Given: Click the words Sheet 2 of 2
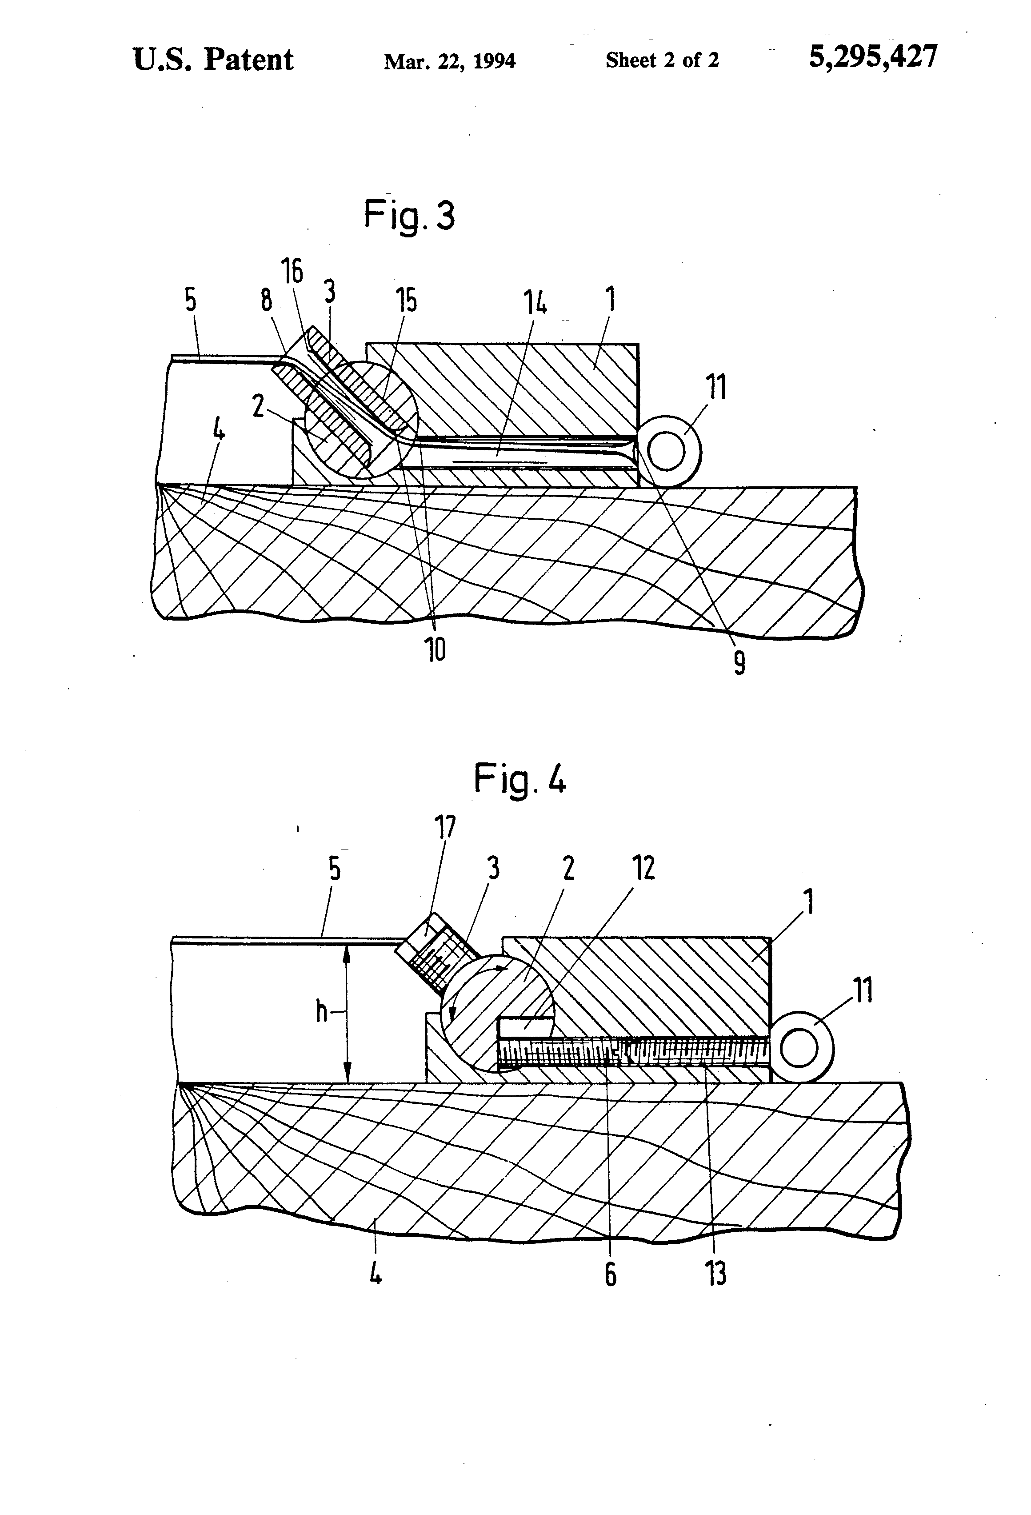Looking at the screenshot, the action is point(662,60).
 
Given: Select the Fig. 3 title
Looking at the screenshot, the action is point(409,216).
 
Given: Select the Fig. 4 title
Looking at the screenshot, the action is point(520,779).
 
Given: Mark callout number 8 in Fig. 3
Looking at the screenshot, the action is point(267,301).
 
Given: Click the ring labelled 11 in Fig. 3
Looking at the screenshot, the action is point(671,451).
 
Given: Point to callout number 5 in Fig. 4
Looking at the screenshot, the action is point(334,870).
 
